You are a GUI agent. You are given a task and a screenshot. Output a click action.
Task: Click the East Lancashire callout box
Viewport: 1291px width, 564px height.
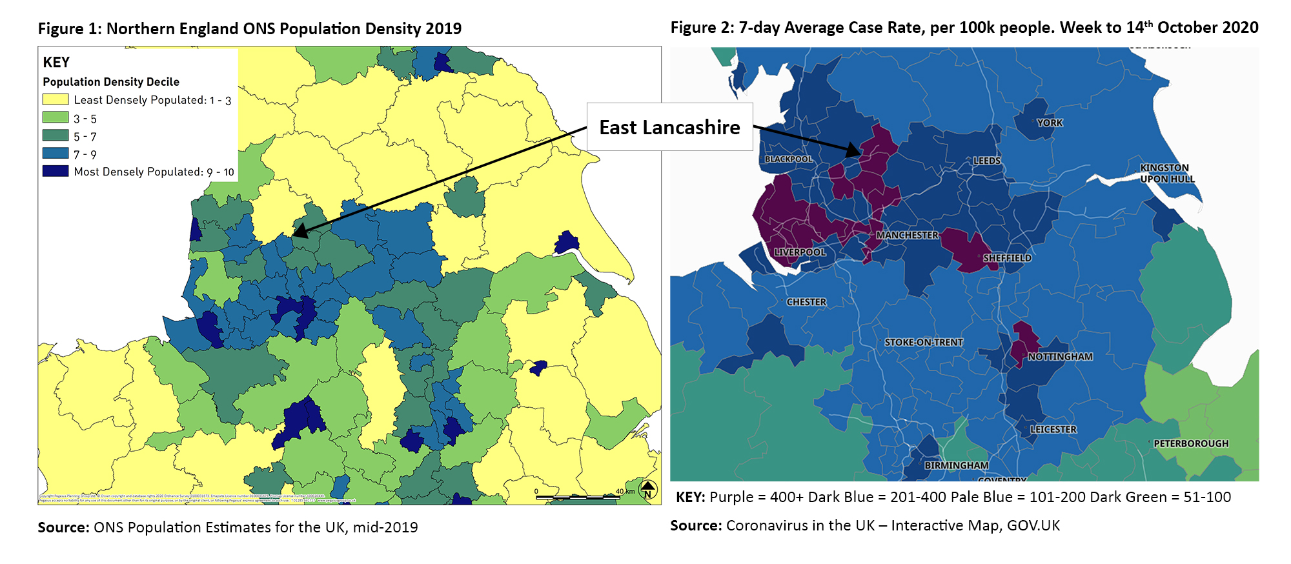click(669, 127)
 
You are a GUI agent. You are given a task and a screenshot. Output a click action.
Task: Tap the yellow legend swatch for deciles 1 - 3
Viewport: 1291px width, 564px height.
click(56, 99)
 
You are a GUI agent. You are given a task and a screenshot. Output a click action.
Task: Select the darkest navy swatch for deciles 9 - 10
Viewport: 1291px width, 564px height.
click(56, 171)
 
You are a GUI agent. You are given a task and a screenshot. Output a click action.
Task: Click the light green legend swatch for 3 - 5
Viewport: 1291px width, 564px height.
click(56, 117)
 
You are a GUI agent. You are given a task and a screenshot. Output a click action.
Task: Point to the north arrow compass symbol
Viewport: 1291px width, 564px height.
click(648, 490)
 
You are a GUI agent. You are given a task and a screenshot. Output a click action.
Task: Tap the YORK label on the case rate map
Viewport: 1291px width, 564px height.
click(1050, 123)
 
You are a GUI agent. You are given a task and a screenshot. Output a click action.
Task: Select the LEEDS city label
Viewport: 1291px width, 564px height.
click(986, 161)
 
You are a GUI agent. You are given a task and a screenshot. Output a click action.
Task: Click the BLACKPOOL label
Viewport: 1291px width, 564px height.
click(788, 159)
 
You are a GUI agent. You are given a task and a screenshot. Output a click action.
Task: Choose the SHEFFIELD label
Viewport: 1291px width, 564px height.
click(1007, 258)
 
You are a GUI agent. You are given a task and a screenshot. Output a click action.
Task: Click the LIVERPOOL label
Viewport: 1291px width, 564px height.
click(800, 252)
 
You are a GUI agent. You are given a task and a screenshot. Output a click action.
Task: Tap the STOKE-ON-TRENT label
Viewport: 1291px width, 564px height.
click(923, 343)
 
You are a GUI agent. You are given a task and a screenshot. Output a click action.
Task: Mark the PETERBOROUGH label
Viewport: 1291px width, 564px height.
click(1191, 444)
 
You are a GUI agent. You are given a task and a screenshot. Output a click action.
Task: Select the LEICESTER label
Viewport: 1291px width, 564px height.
click(1053, 430)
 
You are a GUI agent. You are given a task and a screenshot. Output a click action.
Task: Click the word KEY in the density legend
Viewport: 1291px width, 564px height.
click(56, 63)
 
